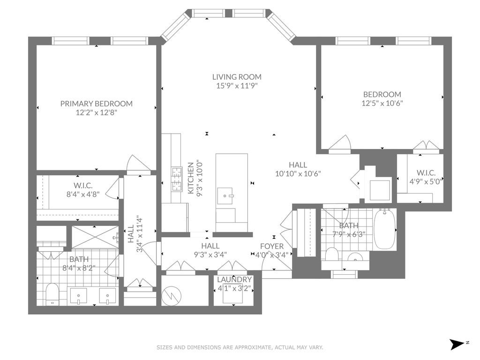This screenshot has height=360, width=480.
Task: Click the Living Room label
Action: pyautogui.click(x=237, y=77)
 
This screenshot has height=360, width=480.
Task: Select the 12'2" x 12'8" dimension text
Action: pyautogui.click(x=97, y=112)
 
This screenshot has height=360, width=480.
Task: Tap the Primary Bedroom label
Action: pyautogui.click(x=97, y=104)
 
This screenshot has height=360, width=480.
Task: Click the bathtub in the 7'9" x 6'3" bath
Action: pyautogui.click(x=385, y=229)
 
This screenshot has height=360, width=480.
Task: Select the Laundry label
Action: pyautogui.click(x=234, y=279)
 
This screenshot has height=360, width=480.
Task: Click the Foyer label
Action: pyautogui.click(x=272, y=246)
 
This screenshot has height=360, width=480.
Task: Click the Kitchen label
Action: pyautogui.click(x=191, y=178)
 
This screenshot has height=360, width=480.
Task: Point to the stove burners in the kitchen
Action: pyautogui.click(x=177, y=179)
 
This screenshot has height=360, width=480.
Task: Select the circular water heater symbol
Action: pyautogui.click(x=172, y=296)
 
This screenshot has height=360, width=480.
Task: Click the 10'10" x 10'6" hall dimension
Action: pyautogui.click(x=298, y=174)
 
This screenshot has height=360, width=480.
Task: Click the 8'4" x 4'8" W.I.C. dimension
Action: pyautogui.click(x=83, y=194)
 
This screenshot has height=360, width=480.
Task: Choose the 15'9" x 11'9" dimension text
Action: pyautogui.click(x=237, y=86)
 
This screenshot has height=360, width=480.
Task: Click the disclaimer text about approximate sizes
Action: pyautogui.click(x=240, y=347)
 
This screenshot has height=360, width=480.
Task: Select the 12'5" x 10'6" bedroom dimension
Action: pyautogui.click(x=382, y=103)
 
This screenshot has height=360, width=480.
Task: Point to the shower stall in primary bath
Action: pyautogui.click(x=95, y=237)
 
